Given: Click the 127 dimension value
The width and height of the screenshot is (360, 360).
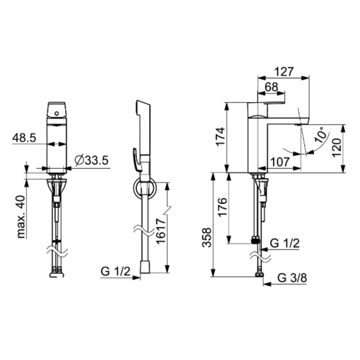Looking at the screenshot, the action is tap(284, 72).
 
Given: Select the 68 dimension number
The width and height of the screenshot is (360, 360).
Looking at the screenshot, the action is tap(272, 87).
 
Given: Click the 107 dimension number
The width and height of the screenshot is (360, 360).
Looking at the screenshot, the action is tap(280, 163).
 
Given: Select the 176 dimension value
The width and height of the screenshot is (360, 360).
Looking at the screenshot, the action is tap(223, 207).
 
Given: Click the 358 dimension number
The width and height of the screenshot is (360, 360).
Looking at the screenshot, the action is tap(207, 238).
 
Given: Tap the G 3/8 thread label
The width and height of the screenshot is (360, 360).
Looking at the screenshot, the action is tap(292, 278).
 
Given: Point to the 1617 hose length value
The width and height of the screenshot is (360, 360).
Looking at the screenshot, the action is tap(160, 231).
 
